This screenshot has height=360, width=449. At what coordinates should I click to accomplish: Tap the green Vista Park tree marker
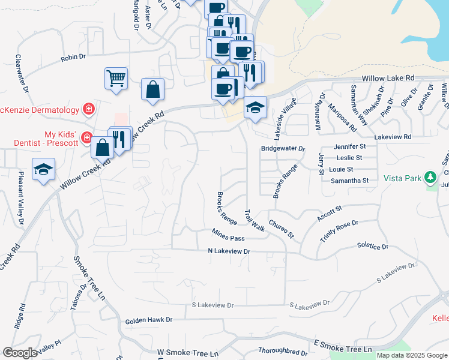pyautogui.click(x=429, y=178)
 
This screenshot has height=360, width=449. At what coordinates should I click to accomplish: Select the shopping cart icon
pyautogui.click(x=116, y=77)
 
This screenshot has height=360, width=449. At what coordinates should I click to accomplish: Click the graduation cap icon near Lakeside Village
pyautogui.click(x=255, y=108)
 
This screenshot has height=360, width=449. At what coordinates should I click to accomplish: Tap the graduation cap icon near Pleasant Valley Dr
pyautogui.click(x=43, y=169)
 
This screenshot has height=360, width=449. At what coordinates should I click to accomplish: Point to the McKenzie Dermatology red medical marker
pyautogui.click(x=89, y=109)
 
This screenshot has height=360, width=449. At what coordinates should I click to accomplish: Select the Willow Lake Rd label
pyautogui.click(x=388, y=79)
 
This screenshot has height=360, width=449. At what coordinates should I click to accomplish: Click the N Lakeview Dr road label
pyautogui.click(x=229, y=251)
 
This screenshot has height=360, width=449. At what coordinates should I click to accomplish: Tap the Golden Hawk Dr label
pyautogui.click(x=148, y=321)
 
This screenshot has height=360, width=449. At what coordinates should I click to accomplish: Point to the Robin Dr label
pyautogui.click(x=73, y=58)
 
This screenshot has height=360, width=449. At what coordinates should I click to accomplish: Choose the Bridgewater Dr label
pyautogui.click(x=283, y=148)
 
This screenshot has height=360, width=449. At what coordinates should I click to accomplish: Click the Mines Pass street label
pyautogui.click(x=228, y=235)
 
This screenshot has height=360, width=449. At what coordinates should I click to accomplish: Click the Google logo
pyautogui.click(x=20, y=353)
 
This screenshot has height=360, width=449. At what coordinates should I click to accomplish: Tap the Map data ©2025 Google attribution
pyautogui.click(x=412, y=355)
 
